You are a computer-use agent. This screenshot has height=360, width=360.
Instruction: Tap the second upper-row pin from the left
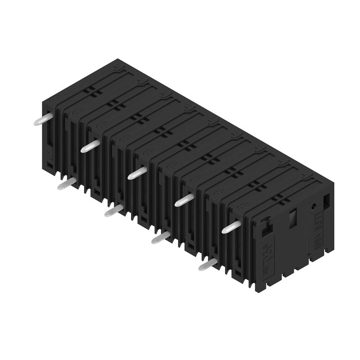(x=89, y=146)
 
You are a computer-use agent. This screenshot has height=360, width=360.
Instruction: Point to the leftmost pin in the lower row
(x=66, y=184)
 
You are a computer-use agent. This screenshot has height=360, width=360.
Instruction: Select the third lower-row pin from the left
(x=160, y=238)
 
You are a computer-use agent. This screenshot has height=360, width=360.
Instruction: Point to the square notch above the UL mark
(x=266, y=225)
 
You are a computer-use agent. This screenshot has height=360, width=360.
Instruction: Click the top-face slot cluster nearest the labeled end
(x=279, y=197)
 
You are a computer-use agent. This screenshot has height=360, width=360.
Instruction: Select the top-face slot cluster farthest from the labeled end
(x=93, y=91)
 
